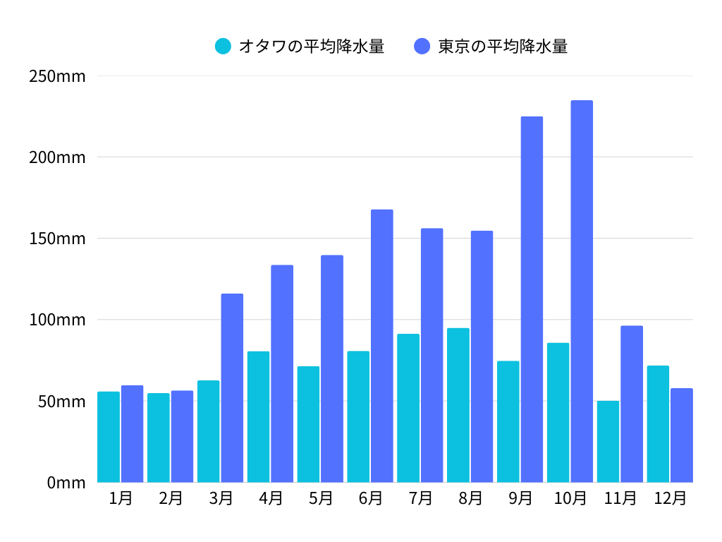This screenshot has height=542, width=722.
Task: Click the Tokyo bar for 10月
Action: (582, 291)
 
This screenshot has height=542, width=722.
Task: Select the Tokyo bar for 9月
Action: (532, 299)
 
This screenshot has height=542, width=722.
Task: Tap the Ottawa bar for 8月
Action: (458, 405)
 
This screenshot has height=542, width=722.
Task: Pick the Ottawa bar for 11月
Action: (608, 442)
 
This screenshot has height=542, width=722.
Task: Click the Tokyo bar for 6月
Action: (382, 346)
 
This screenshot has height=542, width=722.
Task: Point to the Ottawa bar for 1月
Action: (109, 437)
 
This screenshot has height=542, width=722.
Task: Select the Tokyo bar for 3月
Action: (232, 388)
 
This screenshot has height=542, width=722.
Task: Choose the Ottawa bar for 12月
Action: (658, 424)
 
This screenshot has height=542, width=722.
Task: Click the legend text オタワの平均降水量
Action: (311, 47)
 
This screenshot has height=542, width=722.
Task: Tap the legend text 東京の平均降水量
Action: (503, 47)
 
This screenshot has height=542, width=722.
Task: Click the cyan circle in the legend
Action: (223, 47)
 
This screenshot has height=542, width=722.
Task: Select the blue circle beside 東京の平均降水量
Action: (422, 47)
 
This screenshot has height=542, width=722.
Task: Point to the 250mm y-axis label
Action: (57, 76)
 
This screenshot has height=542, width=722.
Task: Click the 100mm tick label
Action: (57, 320)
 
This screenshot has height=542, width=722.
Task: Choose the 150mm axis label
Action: (57, 239)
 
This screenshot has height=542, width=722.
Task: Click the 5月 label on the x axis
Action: (320, 498)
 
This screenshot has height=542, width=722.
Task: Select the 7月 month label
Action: (420, 498)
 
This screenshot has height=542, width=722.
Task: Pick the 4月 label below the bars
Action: (270, 498)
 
